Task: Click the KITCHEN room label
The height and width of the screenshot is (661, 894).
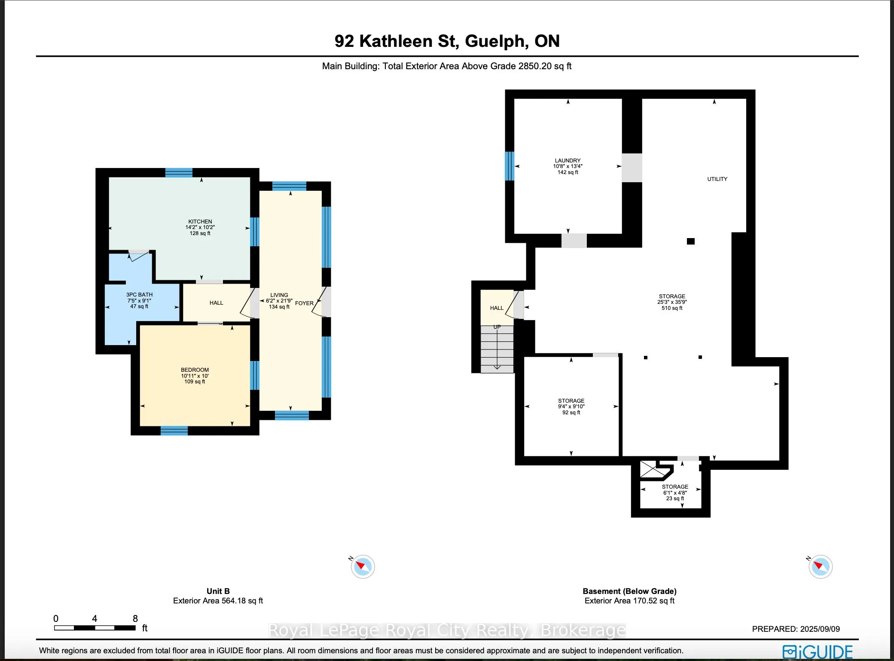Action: (x=200, y=222)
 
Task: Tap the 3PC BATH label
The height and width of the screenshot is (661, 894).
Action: (x=139, y=295)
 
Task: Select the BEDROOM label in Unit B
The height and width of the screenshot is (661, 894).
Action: (x=195, y=370)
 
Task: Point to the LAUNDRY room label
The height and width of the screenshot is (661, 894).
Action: (x=568, y=161)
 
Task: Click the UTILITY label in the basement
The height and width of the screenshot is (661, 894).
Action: (x=717, y=179)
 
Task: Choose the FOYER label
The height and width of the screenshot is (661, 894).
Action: (x=304, y=303)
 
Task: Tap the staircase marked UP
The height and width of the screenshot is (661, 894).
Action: (x=497, y=348)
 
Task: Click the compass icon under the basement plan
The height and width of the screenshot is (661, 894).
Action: (x=820, y=566)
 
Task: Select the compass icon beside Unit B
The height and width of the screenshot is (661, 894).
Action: (x=363, y=566)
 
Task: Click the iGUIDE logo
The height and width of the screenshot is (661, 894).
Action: (x=817, y=652)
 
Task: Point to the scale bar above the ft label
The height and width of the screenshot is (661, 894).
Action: (x=95, y=628)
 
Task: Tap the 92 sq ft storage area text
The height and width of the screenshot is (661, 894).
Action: (x=571, y=413)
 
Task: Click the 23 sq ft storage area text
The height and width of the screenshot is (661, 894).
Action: (x=675, y=499)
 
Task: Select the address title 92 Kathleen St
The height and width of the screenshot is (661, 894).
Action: (x=447, y=41)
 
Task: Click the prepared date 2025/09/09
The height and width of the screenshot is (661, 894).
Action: (x=796, y=629)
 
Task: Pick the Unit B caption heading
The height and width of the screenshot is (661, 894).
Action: (x=218, y=591)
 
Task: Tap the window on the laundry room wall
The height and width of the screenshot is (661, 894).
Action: (x=510, y=166)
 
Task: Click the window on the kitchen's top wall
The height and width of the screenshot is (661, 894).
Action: (x=179, y=173)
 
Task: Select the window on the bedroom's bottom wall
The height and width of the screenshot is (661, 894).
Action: (x=174, y=431)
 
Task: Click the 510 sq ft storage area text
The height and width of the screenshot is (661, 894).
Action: (x=672, y=308)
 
